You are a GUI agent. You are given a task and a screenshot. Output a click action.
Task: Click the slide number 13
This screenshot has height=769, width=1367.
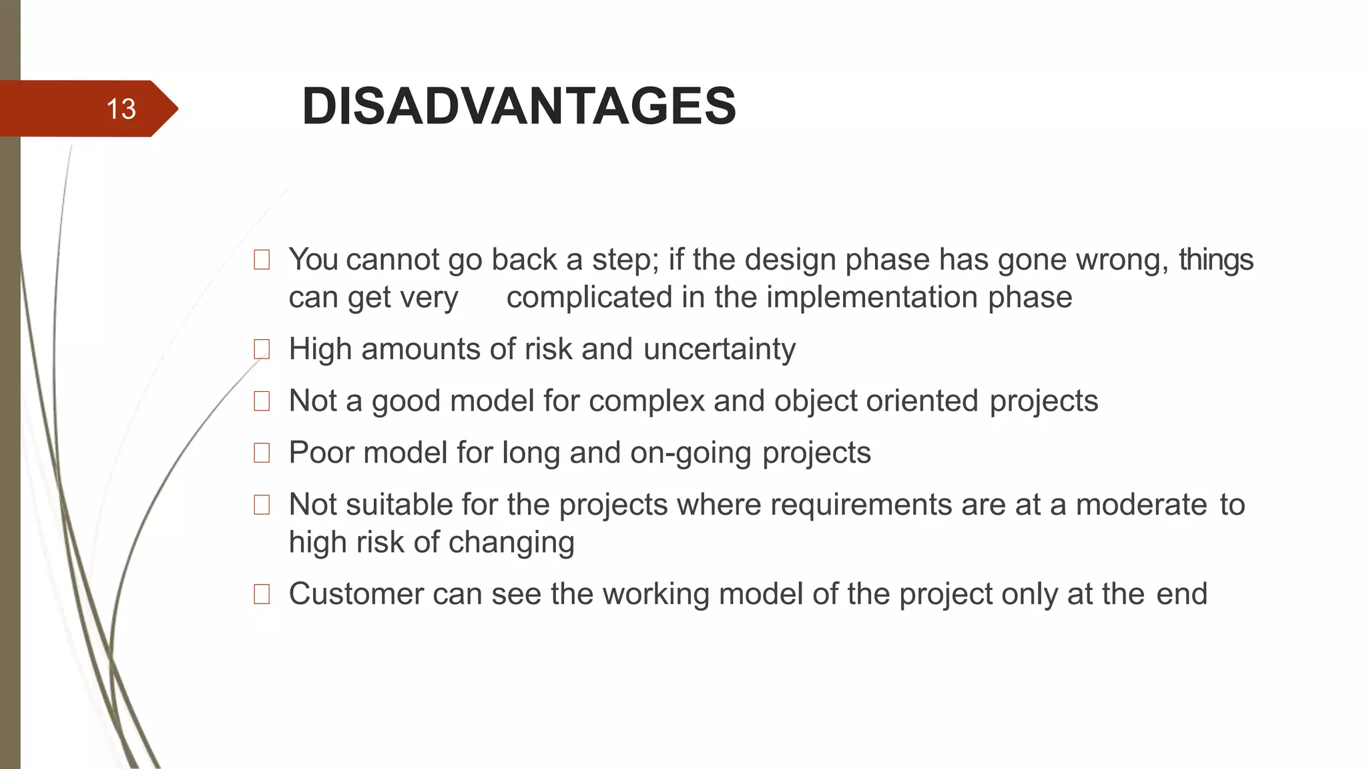tap(121, 109)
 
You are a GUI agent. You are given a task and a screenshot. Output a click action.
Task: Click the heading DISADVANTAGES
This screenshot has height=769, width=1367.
tap(519, 106)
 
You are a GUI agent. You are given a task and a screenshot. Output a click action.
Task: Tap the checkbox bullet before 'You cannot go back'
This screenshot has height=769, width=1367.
tap(262, 260)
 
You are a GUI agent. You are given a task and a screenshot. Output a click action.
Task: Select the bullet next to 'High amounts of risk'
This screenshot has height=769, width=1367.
tap(262, 349)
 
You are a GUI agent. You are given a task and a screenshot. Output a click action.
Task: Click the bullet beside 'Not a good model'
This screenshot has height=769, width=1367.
tap(262, 401)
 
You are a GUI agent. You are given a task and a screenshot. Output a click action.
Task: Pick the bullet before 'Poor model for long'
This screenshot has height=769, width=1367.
tap(262, 453)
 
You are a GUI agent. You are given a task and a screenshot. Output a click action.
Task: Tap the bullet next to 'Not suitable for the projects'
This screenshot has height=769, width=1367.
tap(262, 505)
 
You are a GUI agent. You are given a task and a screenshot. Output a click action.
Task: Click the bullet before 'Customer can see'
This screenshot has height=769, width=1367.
tap(262, 594)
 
